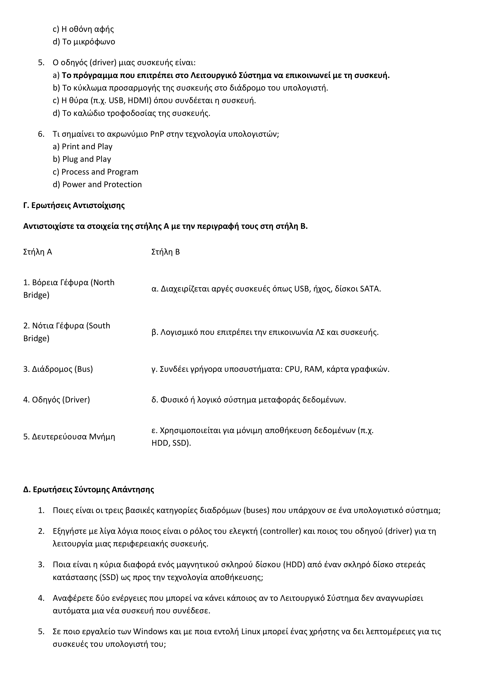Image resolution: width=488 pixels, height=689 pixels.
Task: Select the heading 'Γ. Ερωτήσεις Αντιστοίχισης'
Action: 74,206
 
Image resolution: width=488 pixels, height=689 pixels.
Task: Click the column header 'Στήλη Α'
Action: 38,252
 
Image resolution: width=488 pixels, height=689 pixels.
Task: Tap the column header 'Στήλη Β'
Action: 166,252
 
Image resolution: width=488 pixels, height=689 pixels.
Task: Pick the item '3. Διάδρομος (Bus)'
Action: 58,369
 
